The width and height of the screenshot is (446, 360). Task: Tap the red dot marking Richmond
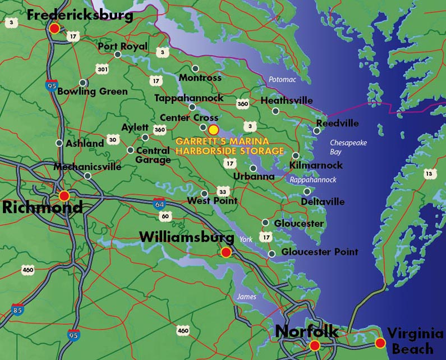64,195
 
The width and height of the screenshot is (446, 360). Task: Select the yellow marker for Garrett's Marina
213,129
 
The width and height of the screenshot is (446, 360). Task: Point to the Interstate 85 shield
17,309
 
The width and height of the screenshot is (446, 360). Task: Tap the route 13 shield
429,174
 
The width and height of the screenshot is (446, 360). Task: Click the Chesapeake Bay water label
348,147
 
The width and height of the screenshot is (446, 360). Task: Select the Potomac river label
282,80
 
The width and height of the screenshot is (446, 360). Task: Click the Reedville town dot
316,131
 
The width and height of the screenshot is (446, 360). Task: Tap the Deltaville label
323,201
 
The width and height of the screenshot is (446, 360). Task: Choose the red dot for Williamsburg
226,252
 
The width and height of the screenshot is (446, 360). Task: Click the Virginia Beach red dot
380,343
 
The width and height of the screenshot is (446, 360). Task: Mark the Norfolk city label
306,331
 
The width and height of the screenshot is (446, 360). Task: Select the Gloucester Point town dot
272,254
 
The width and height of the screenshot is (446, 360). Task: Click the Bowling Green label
93,91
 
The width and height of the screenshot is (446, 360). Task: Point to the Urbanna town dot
254,168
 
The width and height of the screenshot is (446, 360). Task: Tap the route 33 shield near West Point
223,192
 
